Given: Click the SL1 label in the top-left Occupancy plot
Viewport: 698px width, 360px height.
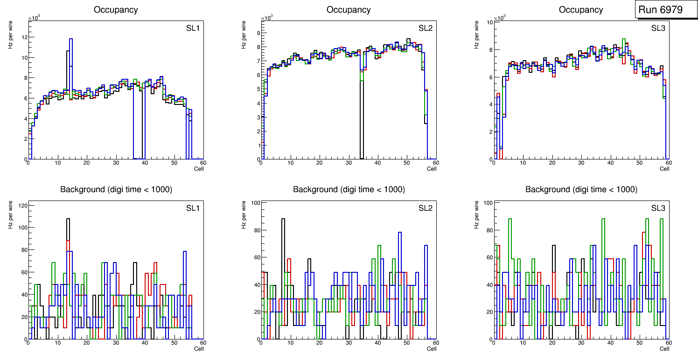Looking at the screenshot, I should coord(193,28).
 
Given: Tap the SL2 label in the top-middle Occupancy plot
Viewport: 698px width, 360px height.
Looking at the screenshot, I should coord(425,28).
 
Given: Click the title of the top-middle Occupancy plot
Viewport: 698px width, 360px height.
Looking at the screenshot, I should coord(349,9).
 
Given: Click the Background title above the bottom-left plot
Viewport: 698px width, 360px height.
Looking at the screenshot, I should coord(116,189).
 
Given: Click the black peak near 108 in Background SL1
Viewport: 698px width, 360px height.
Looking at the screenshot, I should coord(68,219).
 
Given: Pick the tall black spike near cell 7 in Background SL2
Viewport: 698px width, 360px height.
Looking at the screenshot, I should coord(283,219).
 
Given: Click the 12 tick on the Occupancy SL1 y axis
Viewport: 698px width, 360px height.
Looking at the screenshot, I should coord(23,37).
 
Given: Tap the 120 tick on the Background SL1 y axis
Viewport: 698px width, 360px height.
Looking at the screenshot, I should coord(21,205).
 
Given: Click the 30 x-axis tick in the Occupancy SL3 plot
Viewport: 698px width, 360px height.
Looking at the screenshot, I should coord(581,163).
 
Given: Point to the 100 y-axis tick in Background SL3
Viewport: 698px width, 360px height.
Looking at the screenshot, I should coord(488,202).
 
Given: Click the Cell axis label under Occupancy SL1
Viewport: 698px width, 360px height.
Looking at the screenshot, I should coord(199,169).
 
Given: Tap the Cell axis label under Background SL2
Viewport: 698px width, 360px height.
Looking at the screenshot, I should coord(432,348).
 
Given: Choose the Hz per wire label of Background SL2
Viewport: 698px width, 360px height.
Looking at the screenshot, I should coord(243,215).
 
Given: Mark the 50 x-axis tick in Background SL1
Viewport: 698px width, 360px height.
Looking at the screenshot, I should coord(174,343).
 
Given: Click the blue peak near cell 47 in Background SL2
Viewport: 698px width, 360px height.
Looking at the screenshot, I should coord(399,232).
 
